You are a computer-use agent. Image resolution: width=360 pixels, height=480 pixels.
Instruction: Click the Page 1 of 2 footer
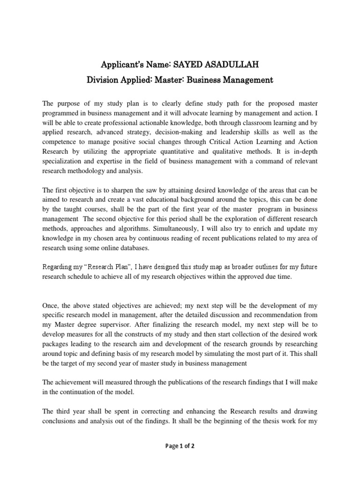[x=180, y=446]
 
